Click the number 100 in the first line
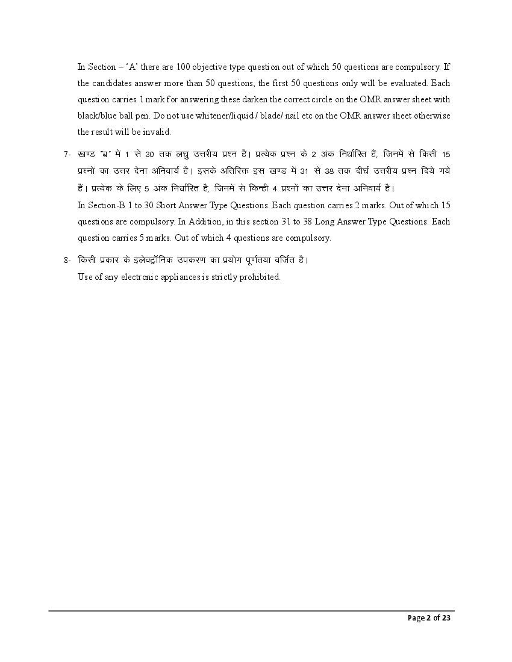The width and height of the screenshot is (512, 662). pos(184,67)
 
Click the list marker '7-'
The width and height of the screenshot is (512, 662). pos(67,155)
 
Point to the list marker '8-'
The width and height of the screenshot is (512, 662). pos(67,261)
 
